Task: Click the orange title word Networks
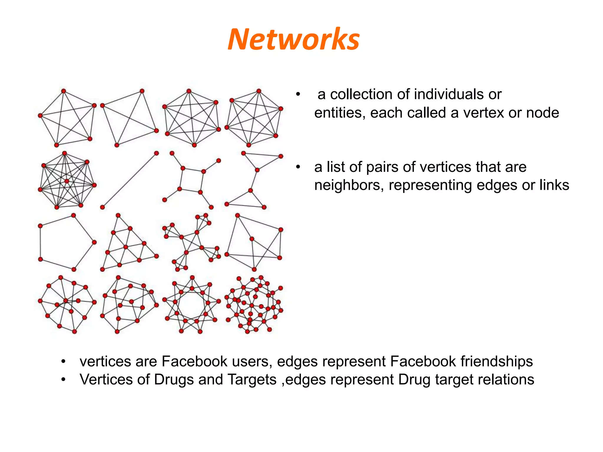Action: click(294, 39)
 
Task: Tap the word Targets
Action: click(252, 380)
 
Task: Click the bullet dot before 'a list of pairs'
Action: click(298, 167)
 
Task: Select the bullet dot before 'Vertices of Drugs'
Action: click(63, 380)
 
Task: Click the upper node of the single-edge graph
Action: click(156, 153)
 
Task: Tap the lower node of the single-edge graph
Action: click(102, 207)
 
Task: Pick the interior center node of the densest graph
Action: click(67, 181)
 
